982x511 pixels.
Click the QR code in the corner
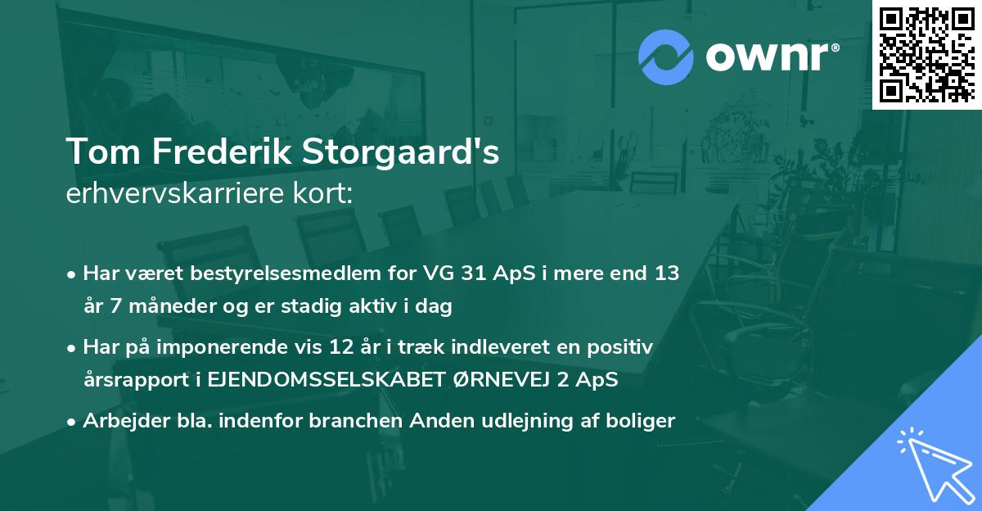pyautogui.click(x=926, y=54)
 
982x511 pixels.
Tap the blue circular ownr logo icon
pyautogui.click(x=666, y=57)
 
